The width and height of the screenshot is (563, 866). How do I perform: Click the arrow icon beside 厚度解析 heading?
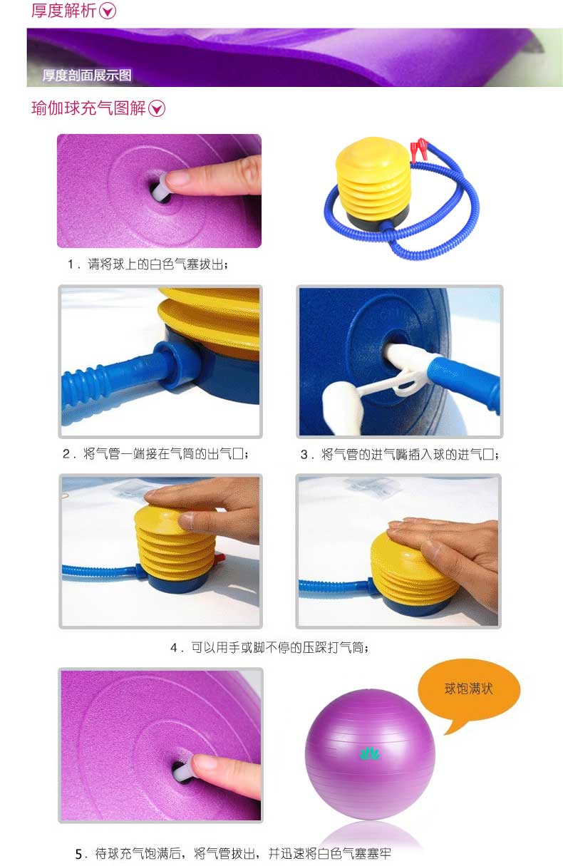[x=108, y=11]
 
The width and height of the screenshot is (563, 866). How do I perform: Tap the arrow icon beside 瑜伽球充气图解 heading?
[x=157, y=108]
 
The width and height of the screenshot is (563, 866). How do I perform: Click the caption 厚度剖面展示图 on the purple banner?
[x=87, y=75]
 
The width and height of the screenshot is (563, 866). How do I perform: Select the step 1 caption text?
[x=148, y=264]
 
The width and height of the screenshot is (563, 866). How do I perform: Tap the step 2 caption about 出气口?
[x=155, y=453]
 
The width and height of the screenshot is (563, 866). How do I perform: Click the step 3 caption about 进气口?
[x=399, y=454]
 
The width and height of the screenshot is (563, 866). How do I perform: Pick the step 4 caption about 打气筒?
[x=269, y=647]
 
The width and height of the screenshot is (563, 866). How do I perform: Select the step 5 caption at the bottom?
[x=233, y=853]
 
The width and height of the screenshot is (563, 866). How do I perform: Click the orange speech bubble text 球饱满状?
[x=468, y=689]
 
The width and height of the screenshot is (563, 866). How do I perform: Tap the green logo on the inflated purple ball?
[x=369, y=753]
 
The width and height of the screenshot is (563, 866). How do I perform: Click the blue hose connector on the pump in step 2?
[x=177, y=364]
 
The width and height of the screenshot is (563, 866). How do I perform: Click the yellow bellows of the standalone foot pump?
[x=373, y=180]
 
